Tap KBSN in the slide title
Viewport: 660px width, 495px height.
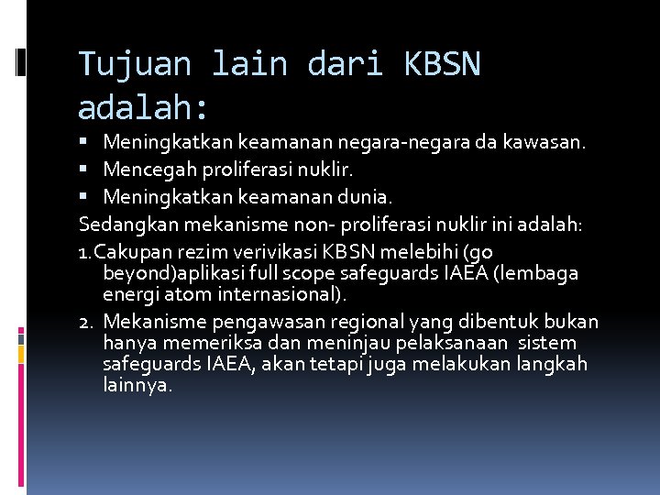[441, 64]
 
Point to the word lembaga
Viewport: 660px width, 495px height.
[546, 273]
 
